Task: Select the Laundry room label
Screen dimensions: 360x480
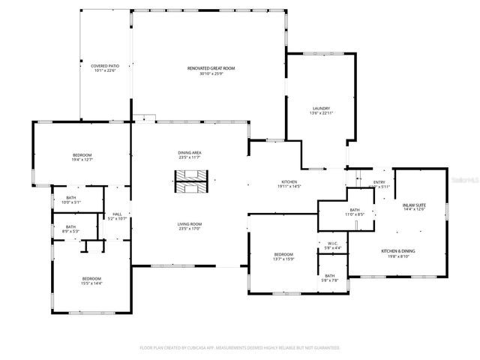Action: point(321,108)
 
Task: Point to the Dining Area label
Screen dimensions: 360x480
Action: point(190,152)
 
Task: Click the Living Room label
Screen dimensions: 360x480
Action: point(190,224)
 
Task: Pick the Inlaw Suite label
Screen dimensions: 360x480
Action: point(414,205)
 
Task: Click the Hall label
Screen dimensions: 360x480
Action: point(117,214)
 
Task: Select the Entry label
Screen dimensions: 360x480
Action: point(379,181)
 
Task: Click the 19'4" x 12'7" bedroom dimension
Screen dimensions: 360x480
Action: point(82,160)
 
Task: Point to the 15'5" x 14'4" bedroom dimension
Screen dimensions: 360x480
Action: point(91,283)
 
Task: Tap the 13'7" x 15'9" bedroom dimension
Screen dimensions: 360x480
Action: point(283,259)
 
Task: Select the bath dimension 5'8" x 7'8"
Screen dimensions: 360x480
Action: point(330,280)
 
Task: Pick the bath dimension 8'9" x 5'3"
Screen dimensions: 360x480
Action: point(70,232)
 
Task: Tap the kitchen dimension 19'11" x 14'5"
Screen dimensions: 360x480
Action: point(289,187)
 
